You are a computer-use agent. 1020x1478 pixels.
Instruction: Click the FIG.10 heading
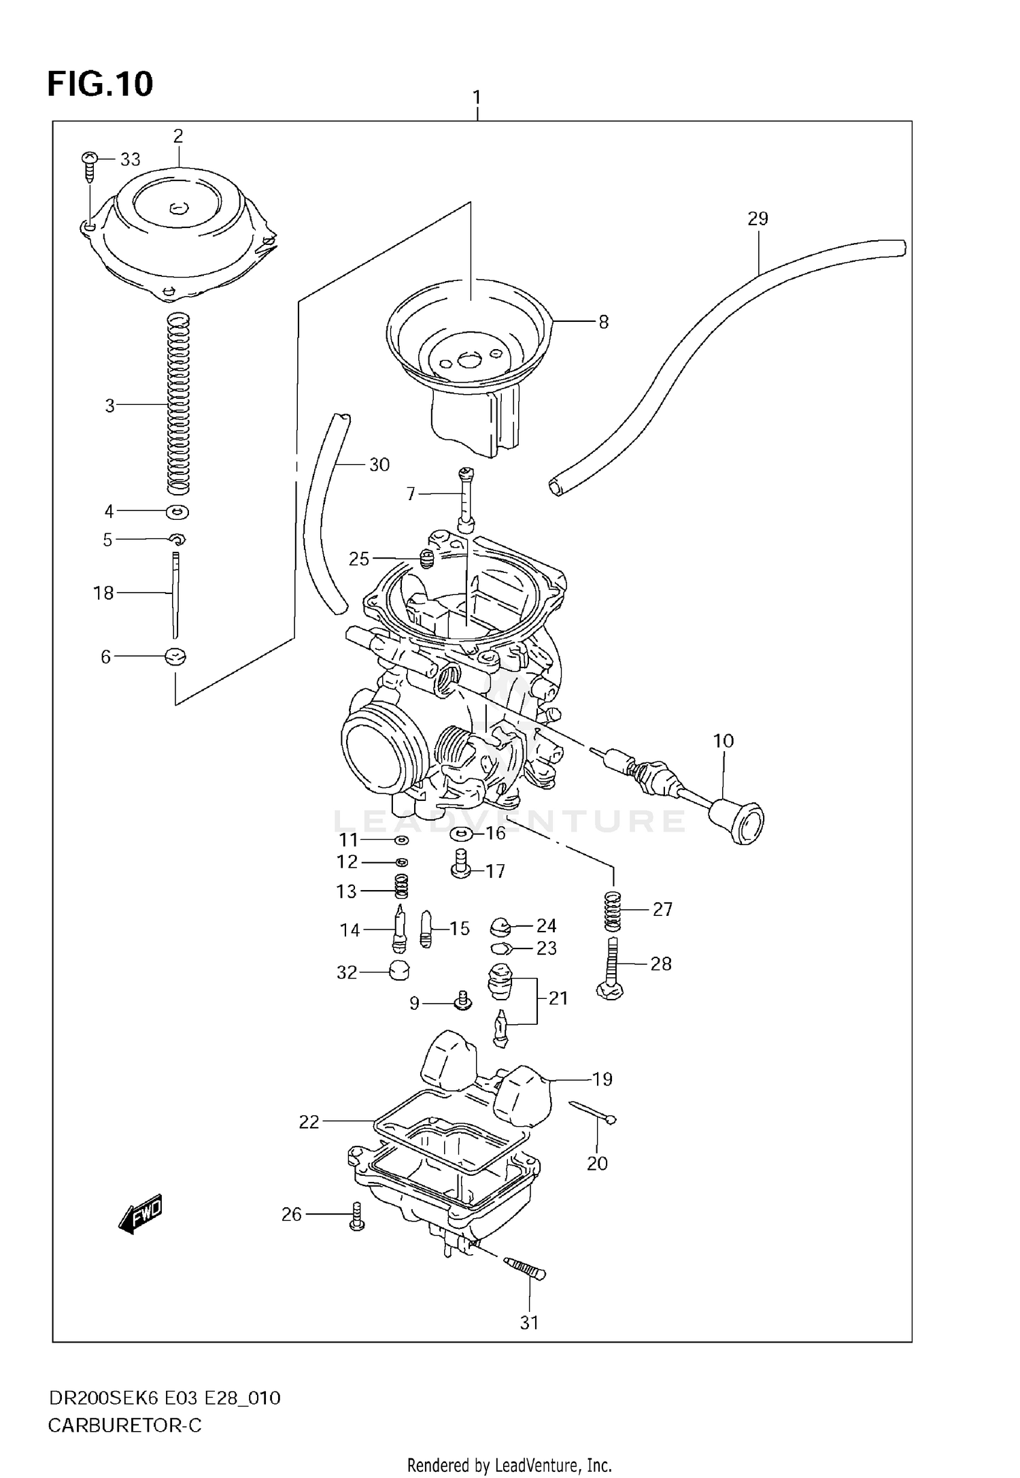coord(100,84)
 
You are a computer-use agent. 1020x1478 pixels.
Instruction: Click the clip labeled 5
coord(177,540)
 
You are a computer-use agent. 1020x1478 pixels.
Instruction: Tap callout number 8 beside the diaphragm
coord(603,322)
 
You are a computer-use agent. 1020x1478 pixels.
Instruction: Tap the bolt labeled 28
coord(611,969)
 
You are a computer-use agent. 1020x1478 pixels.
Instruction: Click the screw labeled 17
coord(461,864)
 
